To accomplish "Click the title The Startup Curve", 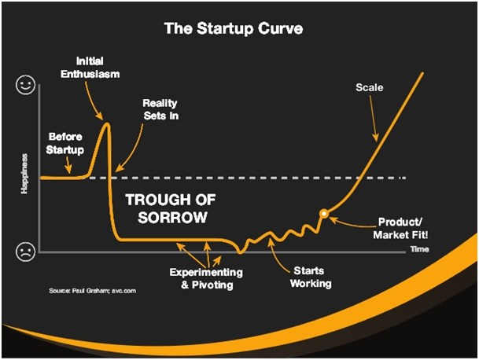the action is click(x=234, y=28).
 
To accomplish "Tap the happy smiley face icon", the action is click(x=26, y=85).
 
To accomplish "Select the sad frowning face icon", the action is click(x=26, y=252).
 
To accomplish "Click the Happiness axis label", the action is click(x=24, y=174).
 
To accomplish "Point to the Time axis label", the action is click(x=420, y=249).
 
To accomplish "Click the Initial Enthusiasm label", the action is click(x=90, y=68).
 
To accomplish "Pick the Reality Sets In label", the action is click(x=160, y=109).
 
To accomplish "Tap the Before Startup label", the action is click(x=65, y=143).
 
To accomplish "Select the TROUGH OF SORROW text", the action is click(x=171, y=208).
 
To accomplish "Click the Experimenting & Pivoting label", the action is click(x=207, y=278).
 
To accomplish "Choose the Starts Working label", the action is click(x=311, y=277).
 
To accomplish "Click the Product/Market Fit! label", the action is click(x=400, y=228).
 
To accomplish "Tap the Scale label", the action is click(x=370, y=87).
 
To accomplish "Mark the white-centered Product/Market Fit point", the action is click(x=324, y=214).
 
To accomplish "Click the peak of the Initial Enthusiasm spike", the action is click(x=107, y=123).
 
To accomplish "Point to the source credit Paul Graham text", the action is click(x=93, y=291).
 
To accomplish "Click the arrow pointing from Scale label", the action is click(x=374, y=119).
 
